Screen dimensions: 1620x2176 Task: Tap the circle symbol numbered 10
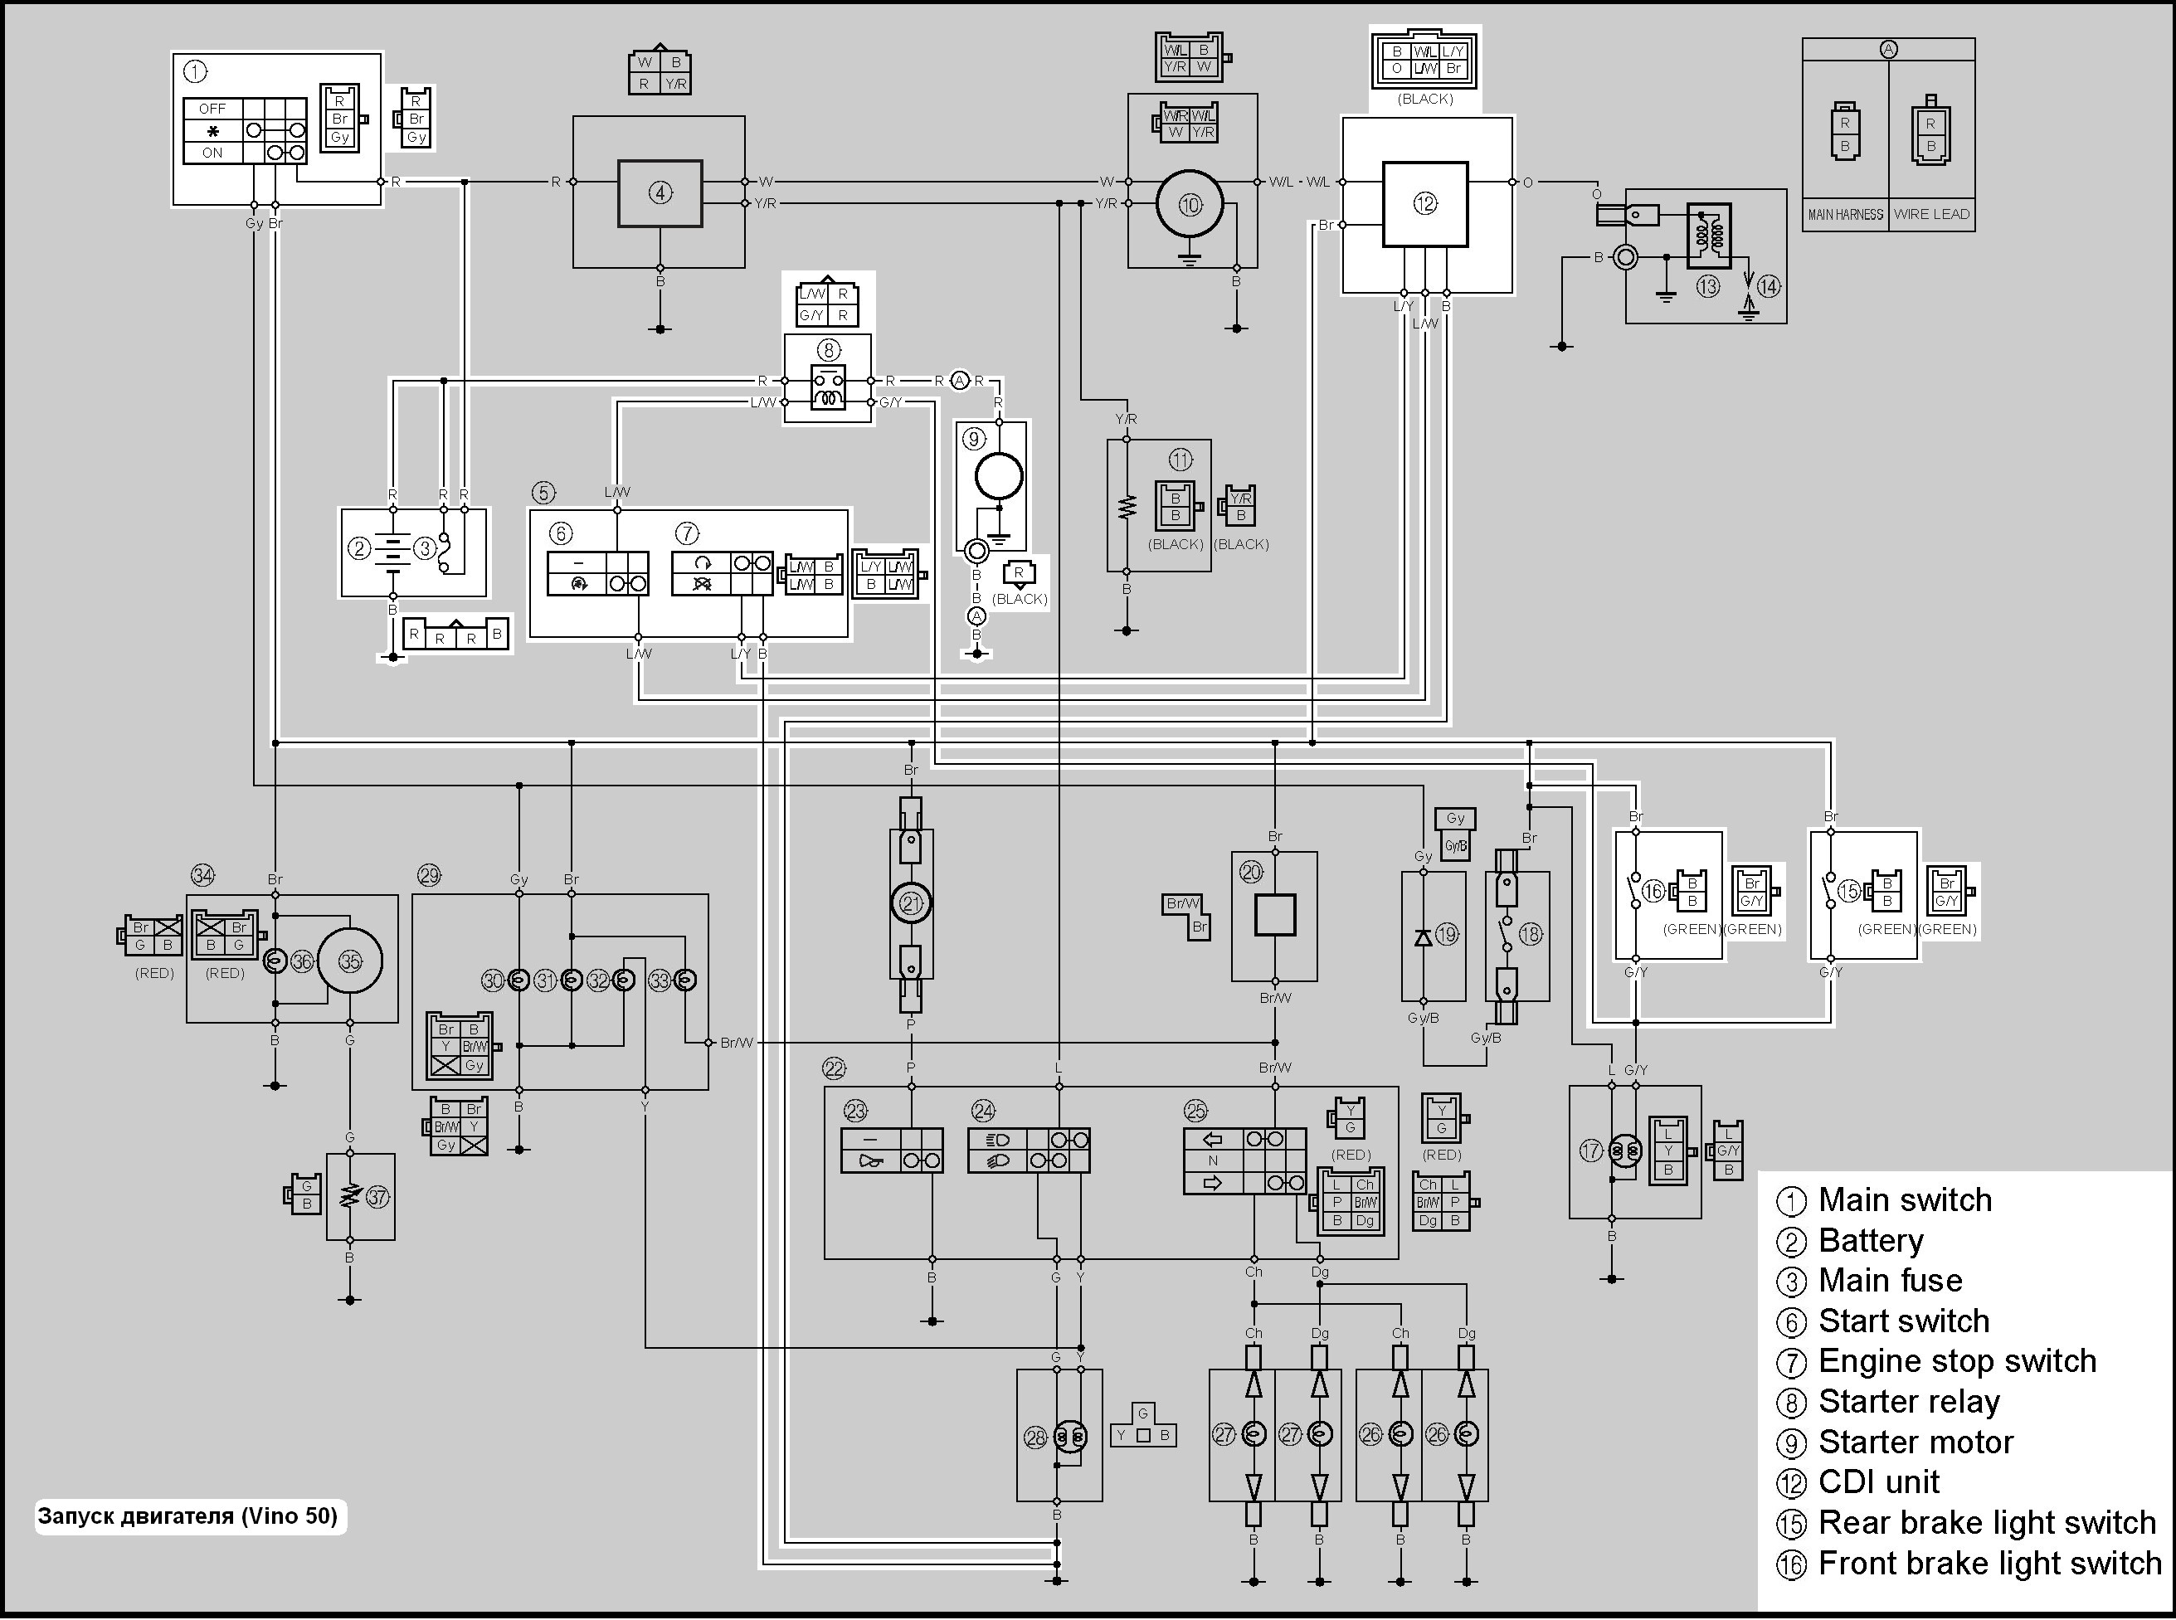[1190, 205]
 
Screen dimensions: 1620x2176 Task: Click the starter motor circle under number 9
[998, 478]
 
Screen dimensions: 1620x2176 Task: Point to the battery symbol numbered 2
[393, 549]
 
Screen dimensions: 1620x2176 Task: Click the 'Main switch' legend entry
[1905, 1200]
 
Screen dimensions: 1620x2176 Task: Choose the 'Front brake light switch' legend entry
[1989, 1563]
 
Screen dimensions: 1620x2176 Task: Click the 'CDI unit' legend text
[1878, 1481]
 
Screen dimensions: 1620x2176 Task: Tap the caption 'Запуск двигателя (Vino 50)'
[188, 1516]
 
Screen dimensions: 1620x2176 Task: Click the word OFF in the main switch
[212, 109]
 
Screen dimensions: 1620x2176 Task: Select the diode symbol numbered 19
[1423, 936]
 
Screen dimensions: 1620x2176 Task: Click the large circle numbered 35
[350, 961]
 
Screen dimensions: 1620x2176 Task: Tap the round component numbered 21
[911, 903]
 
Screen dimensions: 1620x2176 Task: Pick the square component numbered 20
[1275, 915]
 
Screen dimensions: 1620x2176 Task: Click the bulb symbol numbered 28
[1070, 1438]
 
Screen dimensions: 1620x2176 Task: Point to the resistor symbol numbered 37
[348, 1197]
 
